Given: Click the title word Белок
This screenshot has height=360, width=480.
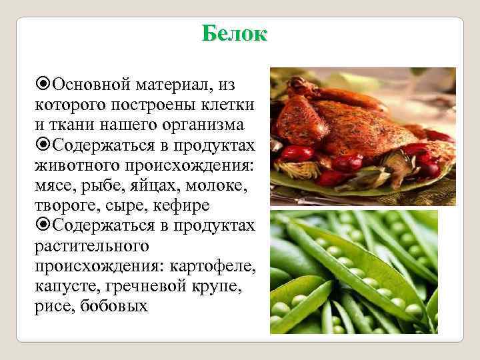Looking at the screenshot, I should point(234,33).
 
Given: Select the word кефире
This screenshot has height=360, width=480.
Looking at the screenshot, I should point(179,205).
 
